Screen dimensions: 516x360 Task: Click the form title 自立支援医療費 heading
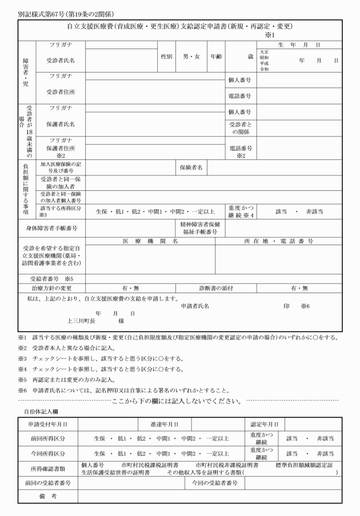pyautogui.click(x=180, y=26)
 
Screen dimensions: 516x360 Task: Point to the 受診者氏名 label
pyautogui.click(x=61, y=60)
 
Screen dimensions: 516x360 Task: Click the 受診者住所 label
pyautogui.click(x=61, y=91)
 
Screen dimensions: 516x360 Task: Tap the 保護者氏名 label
pyautogui.click(x=61, y=123)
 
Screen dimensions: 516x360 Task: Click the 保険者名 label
pyautogui.click(x=191, y=167)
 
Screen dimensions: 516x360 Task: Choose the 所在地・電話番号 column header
pyautogui.click(x=278, y=241)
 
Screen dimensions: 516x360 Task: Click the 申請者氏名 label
pyautogui.click(x=195, y=306)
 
